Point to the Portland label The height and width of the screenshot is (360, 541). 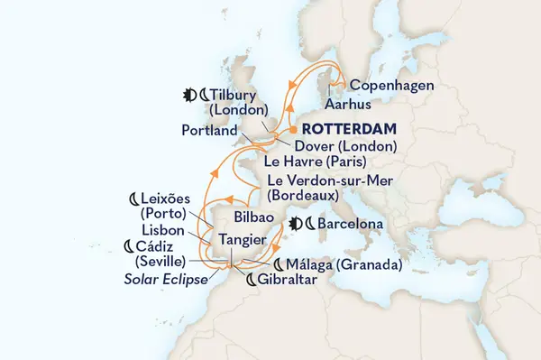coord(210,130)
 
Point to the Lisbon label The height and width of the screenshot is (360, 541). coord(162,231)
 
